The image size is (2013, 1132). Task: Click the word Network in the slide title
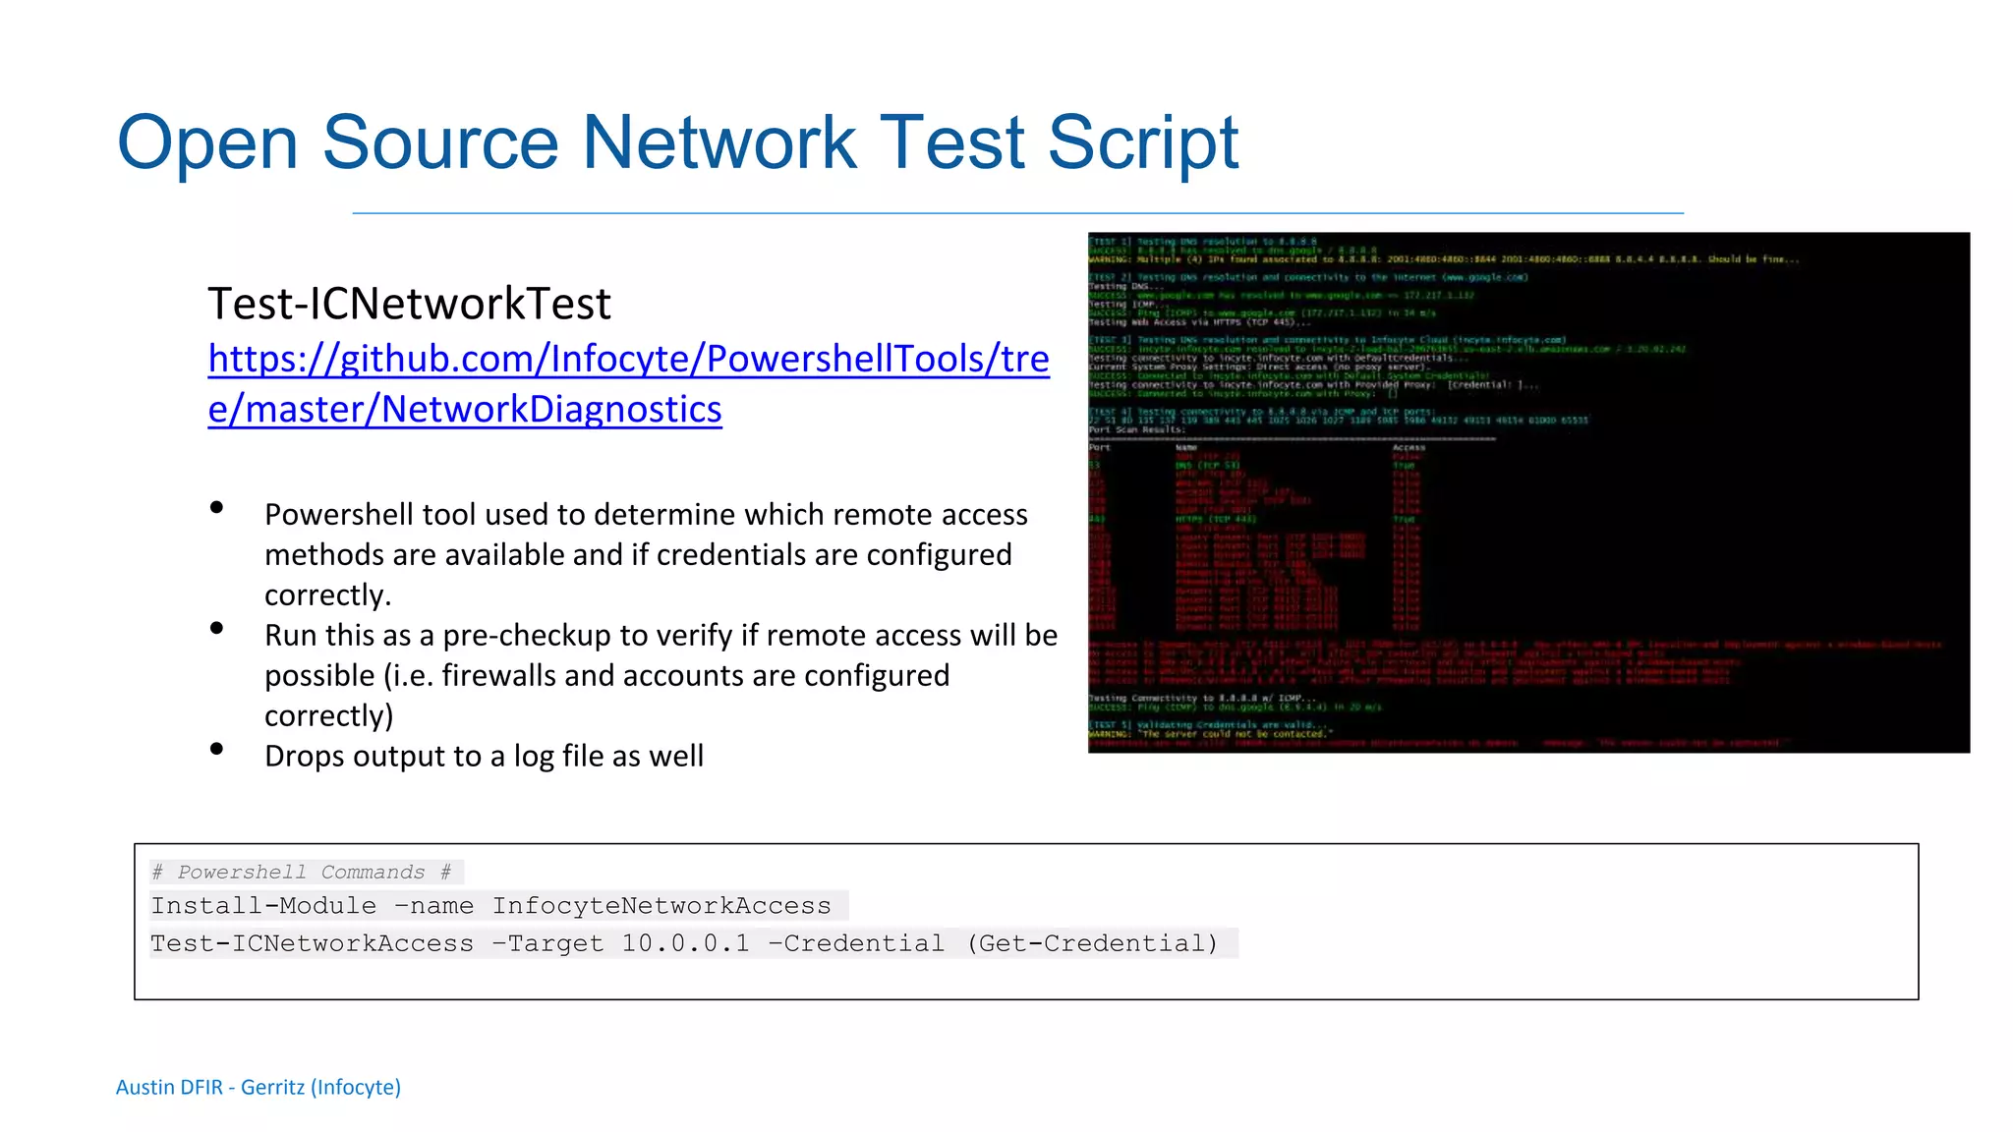tap(719, 143)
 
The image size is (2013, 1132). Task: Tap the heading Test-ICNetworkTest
tap(409, 304)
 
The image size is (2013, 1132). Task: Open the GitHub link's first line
tap(628, 359)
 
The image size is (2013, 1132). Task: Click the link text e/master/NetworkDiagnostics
tap(465, 409)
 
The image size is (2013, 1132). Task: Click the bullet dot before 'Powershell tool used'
tap(217, 508)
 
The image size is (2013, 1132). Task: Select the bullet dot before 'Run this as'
tap(217, 629)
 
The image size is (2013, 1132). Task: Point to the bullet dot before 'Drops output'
tap(217, 750)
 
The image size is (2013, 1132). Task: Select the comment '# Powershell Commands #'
tap(302, 872)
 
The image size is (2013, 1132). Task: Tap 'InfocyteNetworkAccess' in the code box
tap(661, 906)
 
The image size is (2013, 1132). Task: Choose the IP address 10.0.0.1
tap(685, 944)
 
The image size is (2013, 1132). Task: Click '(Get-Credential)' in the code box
tap(1092, 944)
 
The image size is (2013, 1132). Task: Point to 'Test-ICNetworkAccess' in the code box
tap(312, 944)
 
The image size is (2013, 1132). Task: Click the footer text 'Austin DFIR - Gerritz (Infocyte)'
tap(259, 1087)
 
